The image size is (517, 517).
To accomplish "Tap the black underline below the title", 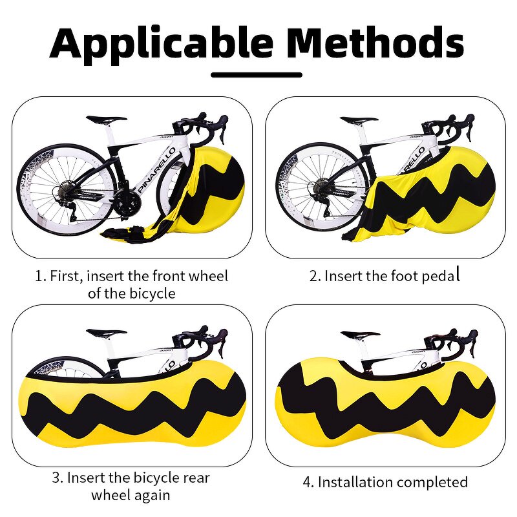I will point(257,74).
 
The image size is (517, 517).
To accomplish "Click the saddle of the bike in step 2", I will point(359,120).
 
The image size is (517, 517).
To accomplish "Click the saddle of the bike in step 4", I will point(360,335).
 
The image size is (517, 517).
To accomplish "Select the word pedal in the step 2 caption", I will point(440,276).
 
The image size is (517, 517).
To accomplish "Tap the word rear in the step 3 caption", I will point(193,479).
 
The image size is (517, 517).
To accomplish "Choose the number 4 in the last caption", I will point(306,483).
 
